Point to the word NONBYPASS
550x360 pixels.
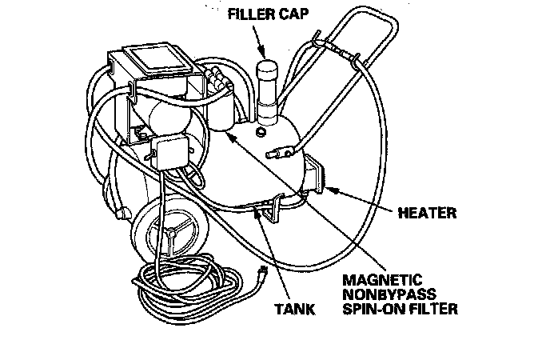(388, 294)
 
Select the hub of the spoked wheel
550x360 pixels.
(170, 230)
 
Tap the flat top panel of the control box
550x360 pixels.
(157, 59)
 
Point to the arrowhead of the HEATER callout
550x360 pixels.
(323, 189)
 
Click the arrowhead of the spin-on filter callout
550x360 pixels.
(227, 136)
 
